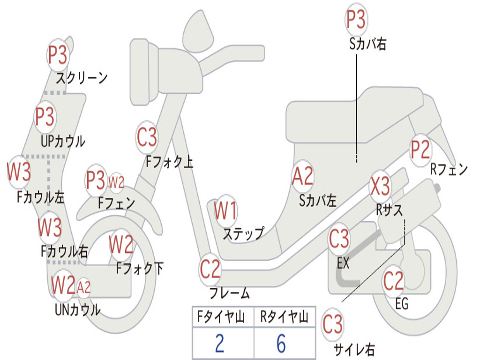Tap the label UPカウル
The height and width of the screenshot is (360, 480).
click(63, 142)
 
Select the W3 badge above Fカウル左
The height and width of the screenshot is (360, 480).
click(19, 172)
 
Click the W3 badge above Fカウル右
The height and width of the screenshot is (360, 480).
click(50, 227)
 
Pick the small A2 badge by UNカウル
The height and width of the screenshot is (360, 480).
click(83, 287)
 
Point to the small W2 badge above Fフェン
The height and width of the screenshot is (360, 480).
click(116, 183)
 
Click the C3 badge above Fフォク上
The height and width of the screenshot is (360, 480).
click(147, 137)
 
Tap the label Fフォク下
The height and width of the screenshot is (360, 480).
click(140, 269)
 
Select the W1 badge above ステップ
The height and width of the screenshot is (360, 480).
click(226, 211)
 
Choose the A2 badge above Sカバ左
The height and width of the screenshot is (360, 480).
click(302, 176)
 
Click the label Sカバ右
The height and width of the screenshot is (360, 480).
click(367, 44)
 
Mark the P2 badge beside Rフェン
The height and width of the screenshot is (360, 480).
click(420, 150)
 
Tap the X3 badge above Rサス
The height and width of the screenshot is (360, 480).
click(381, 186)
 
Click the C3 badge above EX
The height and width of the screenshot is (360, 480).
click(339, 239)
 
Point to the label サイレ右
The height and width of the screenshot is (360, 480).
click(354, 349)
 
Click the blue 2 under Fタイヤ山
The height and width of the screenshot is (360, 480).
click(220, 343)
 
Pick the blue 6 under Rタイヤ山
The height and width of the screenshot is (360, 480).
click(281, 343)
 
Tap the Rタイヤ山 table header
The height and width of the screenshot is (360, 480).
click(285, 316)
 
